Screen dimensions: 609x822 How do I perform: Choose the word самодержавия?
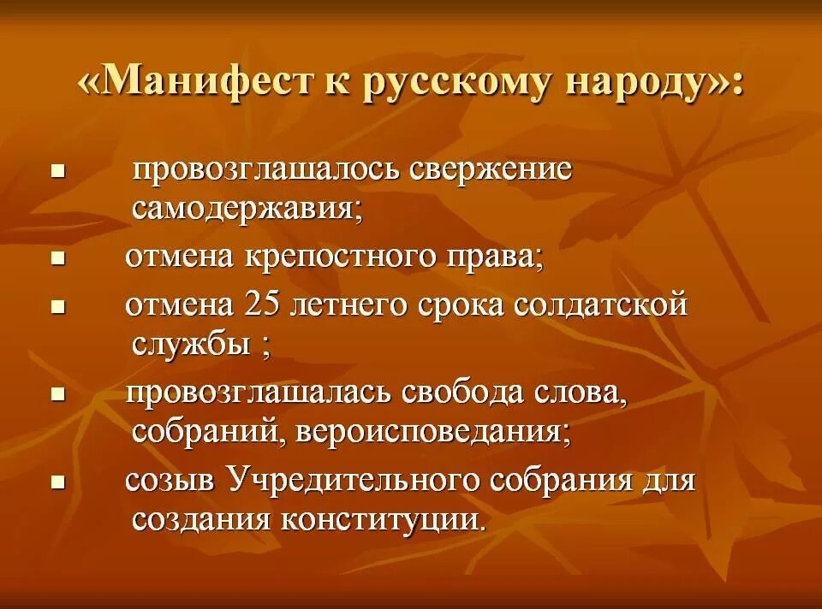click(x=247, y=208)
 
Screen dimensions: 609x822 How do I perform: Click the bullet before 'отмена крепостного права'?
click(x=58, y=259)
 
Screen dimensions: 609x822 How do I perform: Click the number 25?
click(x=262, y=304)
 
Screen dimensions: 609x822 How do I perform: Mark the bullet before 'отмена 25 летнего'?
click(x=58, y=305)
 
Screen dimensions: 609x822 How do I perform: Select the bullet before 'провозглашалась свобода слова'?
click(x=58, y=394)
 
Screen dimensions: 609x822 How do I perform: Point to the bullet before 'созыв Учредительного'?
click(x=58, y=482)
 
